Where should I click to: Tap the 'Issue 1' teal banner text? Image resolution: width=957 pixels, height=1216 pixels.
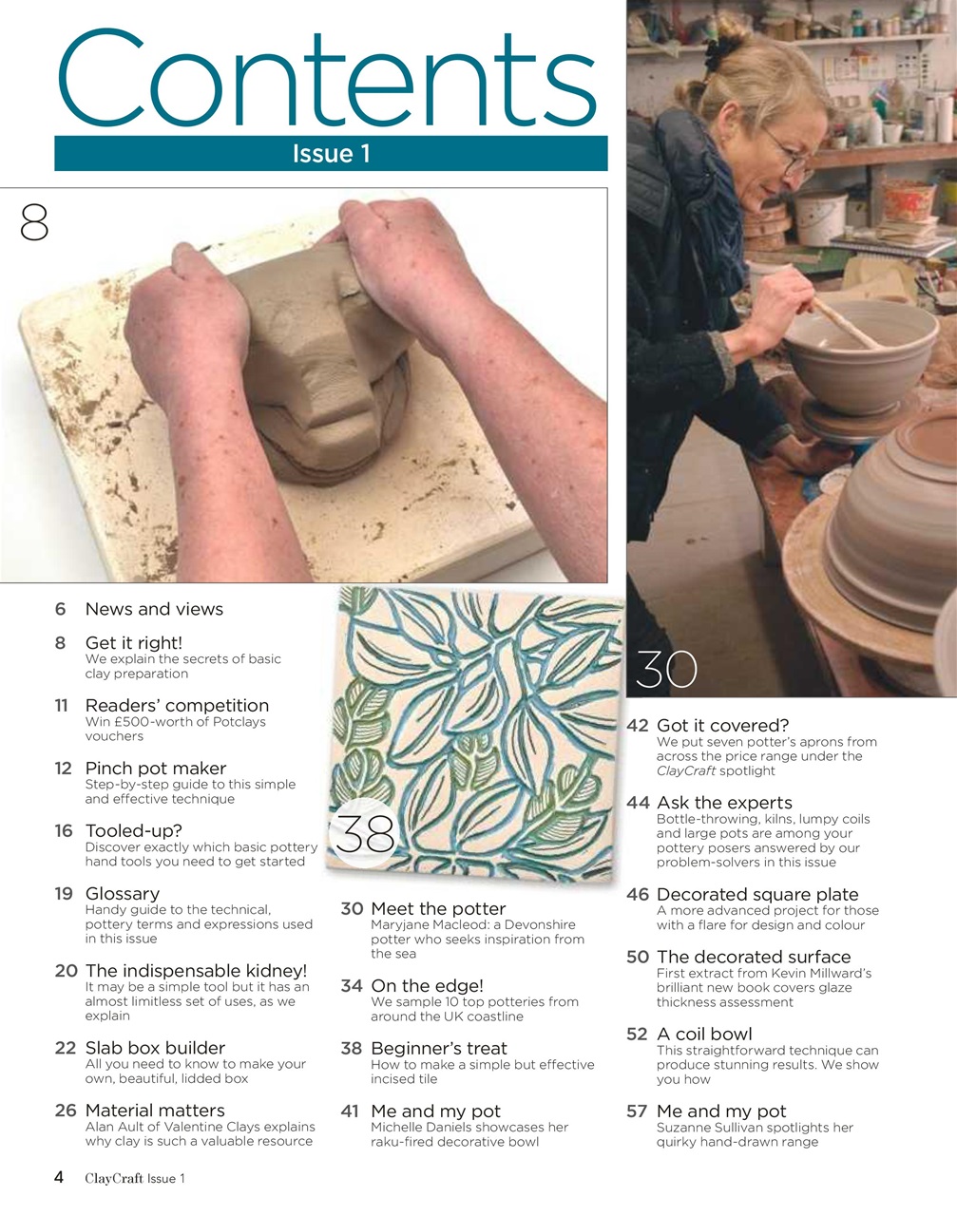pos(331,154)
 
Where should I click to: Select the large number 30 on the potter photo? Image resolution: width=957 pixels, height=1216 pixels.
pos(666,669)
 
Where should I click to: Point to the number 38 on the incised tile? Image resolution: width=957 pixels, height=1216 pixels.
pos(366,835)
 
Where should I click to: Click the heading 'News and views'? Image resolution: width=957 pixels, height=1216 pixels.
pos(154,609)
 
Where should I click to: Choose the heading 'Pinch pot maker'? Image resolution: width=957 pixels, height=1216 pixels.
pos(156,768)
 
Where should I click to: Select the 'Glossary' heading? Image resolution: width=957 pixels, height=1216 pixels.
pos(123,893)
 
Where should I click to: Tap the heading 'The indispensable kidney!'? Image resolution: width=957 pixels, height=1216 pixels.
pos(196,970)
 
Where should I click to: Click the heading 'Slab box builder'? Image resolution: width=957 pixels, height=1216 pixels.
pos(155,1048)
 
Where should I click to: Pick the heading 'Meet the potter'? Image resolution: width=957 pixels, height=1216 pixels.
pos(438,908)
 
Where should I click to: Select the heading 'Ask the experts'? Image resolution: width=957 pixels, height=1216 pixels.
pos(724,803)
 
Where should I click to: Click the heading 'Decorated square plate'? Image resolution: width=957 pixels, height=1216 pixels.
pos(757,894)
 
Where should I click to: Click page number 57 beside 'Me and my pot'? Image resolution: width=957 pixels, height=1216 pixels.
pos(638,1111)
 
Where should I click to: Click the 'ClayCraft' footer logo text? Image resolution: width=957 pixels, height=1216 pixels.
pos(114,1178)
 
